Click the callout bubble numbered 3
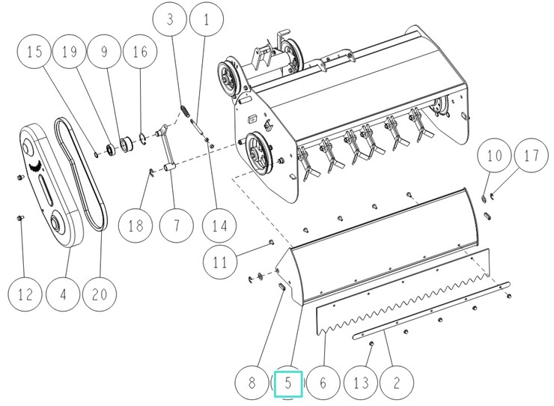171,20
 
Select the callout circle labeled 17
531,157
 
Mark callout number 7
173,225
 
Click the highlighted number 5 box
287,384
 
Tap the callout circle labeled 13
361,384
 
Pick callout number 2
397,384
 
